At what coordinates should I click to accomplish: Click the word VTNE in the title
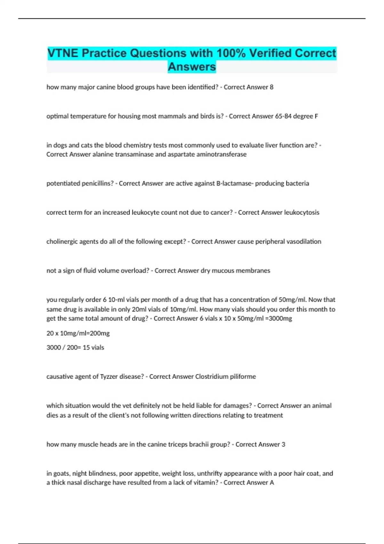tap(63, 53)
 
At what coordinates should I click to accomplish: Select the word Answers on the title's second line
tap(192, 67)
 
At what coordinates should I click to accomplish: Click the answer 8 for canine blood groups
tap(272, 87)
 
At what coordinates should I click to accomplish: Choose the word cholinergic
tap(61, 242)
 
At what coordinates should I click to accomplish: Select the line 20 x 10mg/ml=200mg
tap(78, 333)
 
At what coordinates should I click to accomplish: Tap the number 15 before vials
tap(86, 348)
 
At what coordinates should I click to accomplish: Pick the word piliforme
tap(243, 377)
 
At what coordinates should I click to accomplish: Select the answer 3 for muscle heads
tap(283, 444)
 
